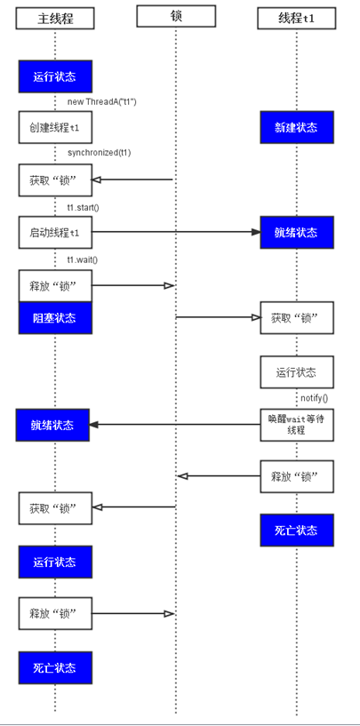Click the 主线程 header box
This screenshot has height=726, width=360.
click(x=55, y=18)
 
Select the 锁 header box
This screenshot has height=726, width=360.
click(x=176, y=16)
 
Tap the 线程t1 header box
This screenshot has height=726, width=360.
click(x=297, y=18)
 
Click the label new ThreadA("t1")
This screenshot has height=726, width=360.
click(x=102, y=101)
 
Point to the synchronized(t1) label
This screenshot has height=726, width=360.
click(x=100, y=152)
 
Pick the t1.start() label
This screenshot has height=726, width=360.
click(x=83, y=207)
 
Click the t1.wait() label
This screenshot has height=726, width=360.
click(x=83, y=259)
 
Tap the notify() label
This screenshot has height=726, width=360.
click(x=314, y=398)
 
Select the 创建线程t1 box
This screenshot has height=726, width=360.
click(x=55, y=127)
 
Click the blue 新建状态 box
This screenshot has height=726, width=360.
click(x=297, y=127)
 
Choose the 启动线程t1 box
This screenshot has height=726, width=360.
click(x=55, y=232)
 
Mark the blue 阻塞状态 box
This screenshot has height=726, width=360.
click(x=55, y=318)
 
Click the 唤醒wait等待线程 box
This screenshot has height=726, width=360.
click(x=297, y=425)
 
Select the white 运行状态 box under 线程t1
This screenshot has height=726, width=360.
click(x=297, y=371)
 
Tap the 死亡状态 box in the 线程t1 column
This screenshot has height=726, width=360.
click(x=297, y=531)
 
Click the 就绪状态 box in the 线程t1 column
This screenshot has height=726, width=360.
click(x=297, y=232)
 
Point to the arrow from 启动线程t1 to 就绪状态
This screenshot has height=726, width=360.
click(x=177, y=232)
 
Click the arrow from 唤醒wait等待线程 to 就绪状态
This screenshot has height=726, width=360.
click(x=175, y=425)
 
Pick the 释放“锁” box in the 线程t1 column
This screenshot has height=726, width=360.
click(x=297, y=476)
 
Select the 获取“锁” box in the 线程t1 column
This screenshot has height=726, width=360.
click(x=297, y=317)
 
